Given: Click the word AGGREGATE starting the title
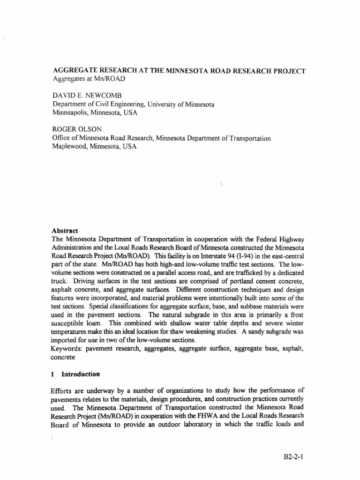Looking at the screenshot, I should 73,71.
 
